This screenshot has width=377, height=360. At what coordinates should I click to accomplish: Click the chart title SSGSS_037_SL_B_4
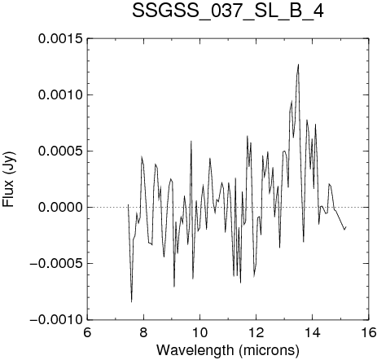[x=228, y=11]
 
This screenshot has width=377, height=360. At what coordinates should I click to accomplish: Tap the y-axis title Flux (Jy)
[x=9, y=179]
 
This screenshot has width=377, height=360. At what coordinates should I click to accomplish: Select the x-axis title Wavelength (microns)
[x=228, y=350]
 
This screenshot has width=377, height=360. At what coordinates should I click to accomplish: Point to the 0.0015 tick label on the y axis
[x=60, y=38]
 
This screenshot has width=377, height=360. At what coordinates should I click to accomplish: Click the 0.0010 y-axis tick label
[x=60, y=94]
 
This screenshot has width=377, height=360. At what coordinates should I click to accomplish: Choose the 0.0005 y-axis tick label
[x=60, y=151]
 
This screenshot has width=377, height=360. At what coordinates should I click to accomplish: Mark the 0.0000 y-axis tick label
[x=60, y=207]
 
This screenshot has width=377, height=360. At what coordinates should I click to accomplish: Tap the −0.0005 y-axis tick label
[x=56, y=263]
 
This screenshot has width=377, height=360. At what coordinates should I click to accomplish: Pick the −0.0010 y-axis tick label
[x=56, y=319]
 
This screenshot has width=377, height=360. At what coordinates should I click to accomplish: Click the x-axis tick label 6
[x=87, y=332]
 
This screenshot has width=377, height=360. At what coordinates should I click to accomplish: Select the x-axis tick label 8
[x=143, y=332]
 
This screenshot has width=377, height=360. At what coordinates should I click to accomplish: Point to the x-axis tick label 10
[x=199, y=332]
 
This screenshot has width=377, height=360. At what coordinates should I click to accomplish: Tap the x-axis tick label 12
[x=256, y=332]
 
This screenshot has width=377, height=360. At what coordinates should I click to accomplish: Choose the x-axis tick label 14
[x=313, y=332]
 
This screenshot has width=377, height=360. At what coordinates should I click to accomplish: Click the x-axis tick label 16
[x=368, y=332]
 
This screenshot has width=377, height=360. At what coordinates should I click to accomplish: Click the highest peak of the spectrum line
[x=298, y=64]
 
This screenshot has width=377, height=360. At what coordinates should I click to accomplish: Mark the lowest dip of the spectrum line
[x=132, y=302]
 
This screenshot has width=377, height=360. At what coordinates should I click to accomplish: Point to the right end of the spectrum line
[x=346, y=226]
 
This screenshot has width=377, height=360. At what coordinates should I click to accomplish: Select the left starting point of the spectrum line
[x=128, y=204]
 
